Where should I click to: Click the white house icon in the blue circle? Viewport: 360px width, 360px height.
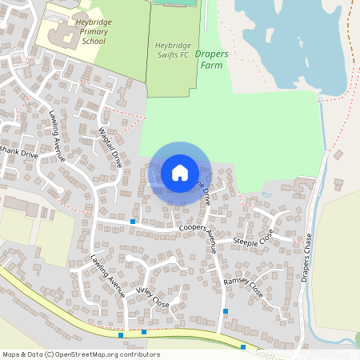click(180, 172)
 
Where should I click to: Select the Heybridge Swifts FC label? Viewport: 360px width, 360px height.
click(173, 50)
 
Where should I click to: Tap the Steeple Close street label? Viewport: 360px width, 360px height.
click(253, 238)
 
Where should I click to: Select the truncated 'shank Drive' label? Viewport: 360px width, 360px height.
click(18, 154)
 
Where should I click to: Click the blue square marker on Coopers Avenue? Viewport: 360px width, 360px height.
click(133, 221)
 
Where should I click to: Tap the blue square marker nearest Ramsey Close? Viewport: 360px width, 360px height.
click(226, 310)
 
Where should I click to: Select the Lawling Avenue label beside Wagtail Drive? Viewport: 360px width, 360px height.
click(56, 135)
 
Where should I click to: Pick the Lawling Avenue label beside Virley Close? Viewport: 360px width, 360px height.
click(108, 276)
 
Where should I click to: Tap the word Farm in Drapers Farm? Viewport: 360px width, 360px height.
click(211, 66)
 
